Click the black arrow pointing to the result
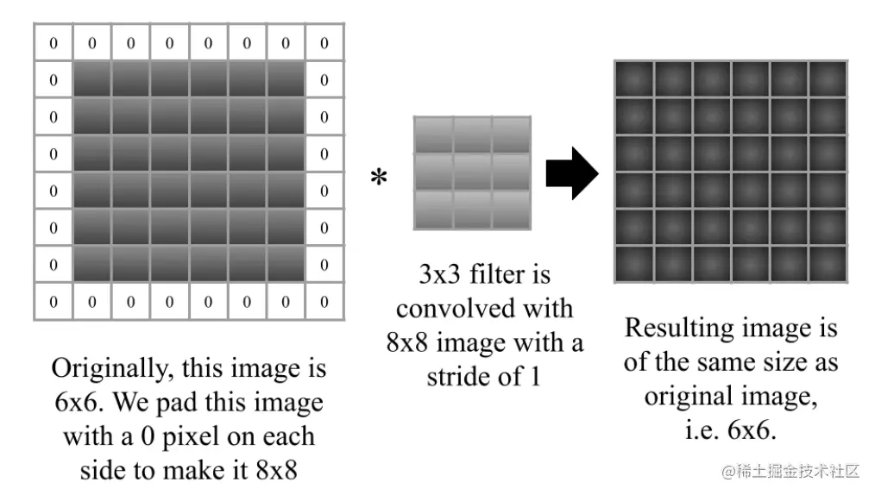point(572,173)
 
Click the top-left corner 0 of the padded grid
point(54,43)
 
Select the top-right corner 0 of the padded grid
point(324,43)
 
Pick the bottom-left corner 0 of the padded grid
point(54,302)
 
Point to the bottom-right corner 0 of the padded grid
point(324,302)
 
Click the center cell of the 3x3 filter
point(472,172)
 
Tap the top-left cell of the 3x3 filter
point(434,135)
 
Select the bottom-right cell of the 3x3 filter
point(510,210)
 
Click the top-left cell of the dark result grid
point(634,79)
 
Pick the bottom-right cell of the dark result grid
point(827,264)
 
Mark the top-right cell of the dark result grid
point(827,79)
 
